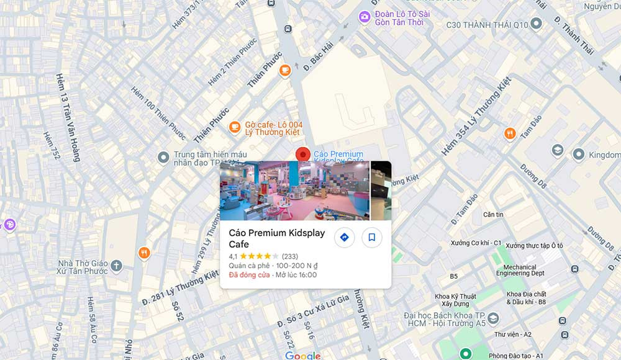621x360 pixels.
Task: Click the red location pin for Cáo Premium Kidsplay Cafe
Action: click(x=302, y=154)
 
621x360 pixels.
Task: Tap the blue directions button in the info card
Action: click(x=344, y=237)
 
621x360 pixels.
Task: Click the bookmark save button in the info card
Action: click(x=371, y=237)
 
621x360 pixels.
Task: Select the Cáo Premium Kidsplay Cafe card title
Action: click(x=277, y=238)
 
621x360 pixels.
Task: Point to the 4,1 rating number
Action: click(x=233, y=256)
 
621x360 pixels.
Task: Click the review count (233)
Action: click(x=290, y=256)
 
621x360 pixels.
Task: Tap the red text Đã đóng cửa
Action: click(x=249, y=275)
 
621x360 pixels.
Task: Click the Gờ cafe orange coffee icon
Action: click(x=235, y=127)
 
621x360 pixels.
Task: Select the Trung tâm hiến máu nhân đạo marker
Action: click(x=163, y=158)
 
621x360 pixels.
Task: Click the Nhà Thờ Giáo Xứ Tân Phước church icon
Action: click(x=116, y=267)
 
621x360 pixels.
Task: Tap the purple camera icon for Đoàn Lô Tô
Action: click(x=365, y=17)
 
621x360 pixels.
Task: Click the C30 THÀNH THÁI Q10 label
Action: click(x=487, y=25)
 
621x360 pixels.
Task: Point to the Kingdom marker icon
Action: click(x=578, y=154)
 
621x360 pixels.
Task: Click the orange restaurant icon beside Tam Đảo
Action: click(x=510, y=133)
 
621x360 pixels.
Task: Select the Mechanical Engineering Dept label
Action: click(x=520, y=270)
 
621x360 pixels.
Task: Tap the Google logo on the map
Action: click(x=303, y=356)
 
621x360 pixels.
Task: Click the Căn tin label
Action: click(x=493, y=215)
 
